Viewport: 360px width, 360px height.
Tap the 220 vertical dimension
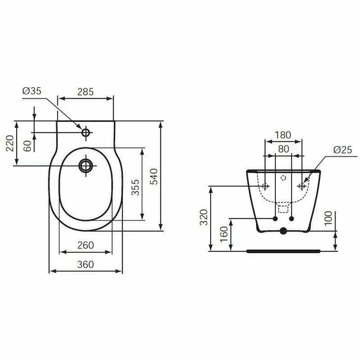pyautogui.click(x=10, y=144)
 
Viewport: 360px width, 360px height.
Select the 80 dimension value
pyautogui.click(x=283, y=149)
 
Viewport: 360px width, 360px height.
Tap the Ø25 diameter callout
pyautogui.click(x=342, y=149)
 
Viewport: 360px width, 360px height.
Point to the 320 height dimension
pyautogui.click(x=204, y=218)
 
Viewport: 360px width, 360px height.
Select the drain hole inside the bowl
pyautogui.click(x=86, y=165)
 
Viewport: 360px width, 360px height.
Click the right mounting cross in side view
pyautogui.click(x=302, y=186)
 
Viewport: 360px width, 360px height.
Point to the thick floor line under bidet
pyautogui.click(x=284, y=251)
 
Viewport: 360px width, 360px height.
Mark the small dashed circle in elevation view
pyautogui.click(x=284, y=178)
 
